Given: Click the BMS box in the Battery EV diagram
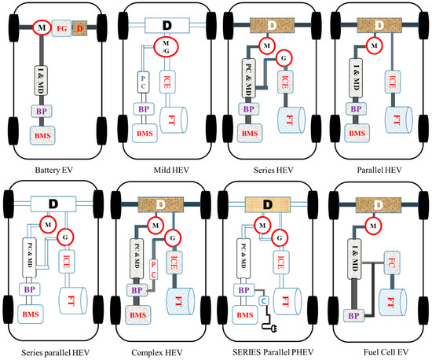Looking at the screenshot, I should (x=45, y=136).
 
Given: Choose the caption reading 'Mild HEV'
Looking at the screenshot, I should (x=161, y=170).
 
